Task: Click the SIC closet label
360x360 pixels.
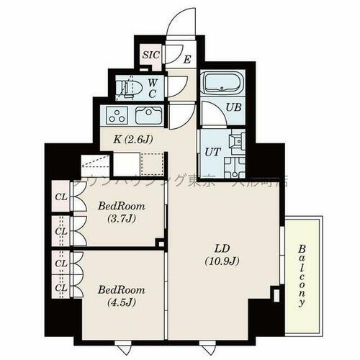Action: pyautogui.click(x=151, y=55)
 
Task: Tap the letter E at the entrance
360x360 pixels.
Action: pyautogui.click(x=186, y=60)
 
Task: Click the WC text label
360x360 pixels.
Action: pyautogui.click(x=153, y=88)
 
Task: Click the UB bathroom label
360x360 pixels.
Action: pyautogui.click(x=233, y=107)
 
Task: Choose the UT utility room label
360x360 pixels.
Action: pyautogui.click(x=212, y=152)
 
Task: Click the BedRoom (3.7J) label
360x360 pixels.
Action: pyautogui.click(x=121, y=212)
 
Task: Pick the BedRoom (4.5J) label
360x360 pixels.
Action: pyautogui.click(x=121, y=295)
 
